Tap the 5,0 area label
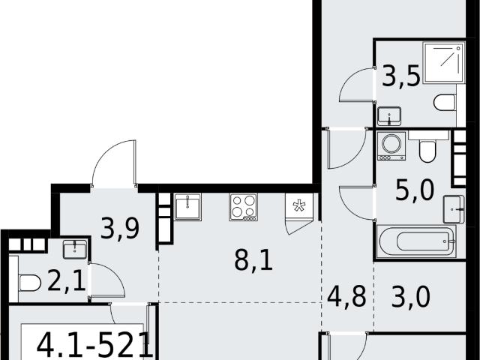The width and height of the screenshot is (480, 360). pyautogui.click(x=415, y=190)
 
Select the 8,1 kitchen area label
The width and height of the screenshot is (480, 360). pyautogui.click(x=253, y=260)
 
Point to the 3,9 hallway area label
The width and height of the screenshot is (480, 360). pyautogui.click(x=120, y=228)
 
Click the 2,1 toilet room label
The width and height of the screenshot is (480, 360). pyautogui.click(x=67, y=282)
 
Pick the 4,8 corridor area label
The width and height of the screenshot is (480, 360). pyautogui.click(x=346, y=296)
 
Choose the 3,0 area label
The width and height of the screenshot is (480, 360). pyautogui.click(x=411, y=296)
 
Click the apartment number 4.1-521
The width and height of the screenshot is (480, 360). pyautogui.click(x=95, y=345)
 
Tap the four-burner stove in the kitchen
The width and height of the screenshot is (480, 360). pyautogui.click(x=243, y=207)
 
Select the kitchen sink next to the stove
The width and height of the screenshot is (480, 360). pyautogui.click(x=187, y=207)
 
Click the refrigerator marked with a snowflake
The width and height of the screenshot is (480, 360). pyautogui.click(x=299, y=206)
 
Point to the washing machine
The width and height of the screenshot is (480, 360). pyautogui.click(x=391, y=146)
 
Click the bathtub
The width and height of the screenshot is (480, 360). pyautogui.click(x=416, y=241)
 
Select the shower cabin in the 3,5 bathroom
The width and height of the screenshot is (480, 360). pyautogui.click(x=443, y=63)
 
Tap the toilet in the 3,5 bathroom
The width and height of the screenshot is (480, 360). pyautogui.click(x=445, y=103)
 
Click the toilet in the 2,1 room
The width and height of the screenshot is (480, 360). pyautogui.click(x=30, y=283)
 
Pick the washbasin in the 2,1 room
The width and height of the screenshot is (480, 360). pyautogui.click(x=75, y=249)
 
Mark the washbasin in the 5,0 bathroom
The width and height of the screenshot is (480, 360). pyautogui.click(x=454, y=209)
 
